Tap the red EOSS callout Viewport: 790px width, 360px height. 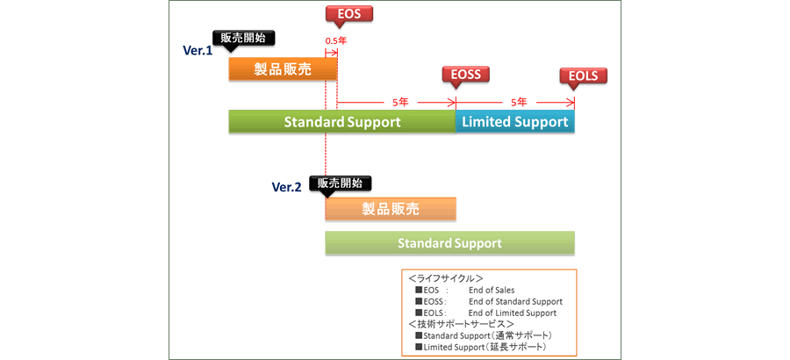coord(466,76)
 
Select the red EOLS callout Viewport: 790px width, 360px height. coord(584,76)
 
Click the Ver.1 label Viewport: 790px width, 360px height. coord(197,51)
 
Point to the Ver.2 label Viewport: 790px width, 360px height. coord(287,186)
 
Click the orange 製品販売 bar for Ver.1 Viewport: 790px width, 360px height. coord(283,69)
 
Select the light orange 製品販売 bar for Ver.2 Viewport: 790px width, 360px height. coord(391,209)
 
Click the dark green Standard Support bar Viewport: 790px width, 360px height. coord(341,121)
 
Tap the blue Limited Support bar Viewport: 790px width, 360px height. coord(514,121)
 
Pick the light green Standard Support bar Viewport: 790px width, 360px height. coord(449,243)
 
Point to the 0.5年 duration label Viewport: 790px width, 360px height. coord(335,41)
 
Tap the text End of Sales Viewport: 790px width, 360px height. coord(492,290)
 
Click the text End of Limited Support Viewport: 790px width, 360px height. coord(513,313)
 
